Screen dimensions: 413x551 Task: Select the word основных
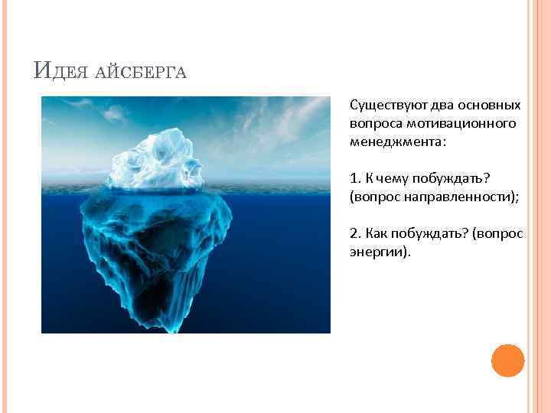pos(493,105)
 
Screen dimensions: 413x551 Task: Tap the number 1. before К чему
pos(355,178)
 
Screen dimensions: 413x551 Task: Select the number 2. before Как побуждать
pos(355,233)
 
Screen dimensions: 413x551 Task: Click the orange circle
pos(507,360)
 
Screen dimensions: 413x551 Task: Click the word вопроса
pos(373,123)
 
